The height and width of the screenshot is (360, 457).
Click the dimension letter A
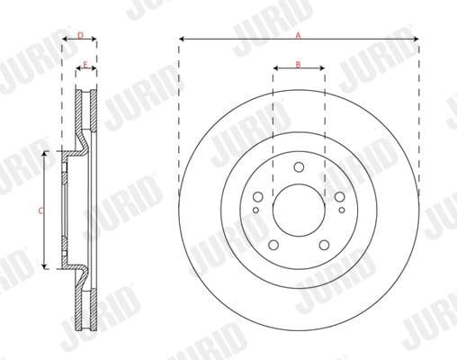coord(298,33)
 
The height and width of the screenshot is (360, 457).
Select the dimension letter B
coord(298,64)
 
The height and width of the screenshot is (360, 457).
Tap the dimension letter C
coord(40,211)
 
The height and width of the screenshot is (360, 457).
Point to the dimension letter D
coord(80,35)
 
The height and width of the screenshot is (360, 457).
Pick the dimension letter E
coord(85,64)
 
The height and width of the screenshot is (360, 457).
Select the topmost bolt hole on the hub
coord(298,165)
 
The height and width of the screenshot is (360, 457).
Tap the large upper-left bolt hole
coord(259,197)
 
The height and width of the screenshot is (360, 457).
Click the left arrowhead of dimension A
coord(182,40)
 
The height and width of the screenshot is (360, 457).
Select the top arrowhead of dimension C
coord(44,155)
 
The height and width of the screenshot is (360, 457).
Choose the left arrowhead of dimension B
coord(274,70)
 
